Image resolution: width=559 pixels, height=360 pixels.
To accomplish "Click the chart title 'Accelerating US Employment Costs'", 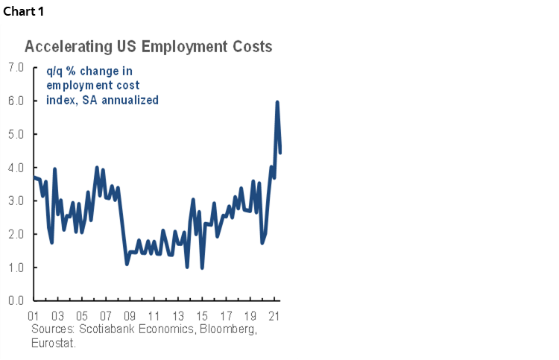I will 148,46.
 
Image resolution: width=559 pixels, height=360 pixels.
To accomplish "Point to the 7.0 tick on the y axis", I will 16,67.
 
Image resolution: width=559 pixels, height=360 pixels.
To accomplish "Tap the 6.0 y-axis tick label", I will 16,101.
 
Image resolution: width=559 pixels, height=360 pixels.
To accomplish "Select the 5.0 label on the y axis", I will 16,134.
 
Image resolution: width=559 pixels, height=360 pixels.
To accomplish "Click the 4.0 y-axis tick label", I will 16,168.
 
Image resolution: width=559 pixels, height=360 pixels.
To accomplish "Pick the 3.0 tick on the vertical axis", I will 16,201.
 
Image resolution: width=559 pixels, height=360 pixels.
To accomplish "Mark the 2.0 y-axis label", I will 16,234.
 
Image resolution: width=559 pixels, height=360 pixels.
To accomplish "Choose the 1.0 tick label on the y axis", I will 16,268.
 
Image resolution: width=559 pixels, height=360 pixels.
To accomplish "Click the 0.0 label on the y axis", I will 16,301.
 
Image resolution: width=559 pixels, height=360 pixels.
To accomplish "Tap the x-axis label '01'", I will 33,315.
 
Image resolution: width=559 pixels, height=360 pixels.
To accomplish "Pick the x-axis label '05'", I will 81,315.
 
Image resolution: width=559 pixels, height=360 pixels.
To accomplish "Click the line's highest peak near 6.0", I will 277,102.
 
